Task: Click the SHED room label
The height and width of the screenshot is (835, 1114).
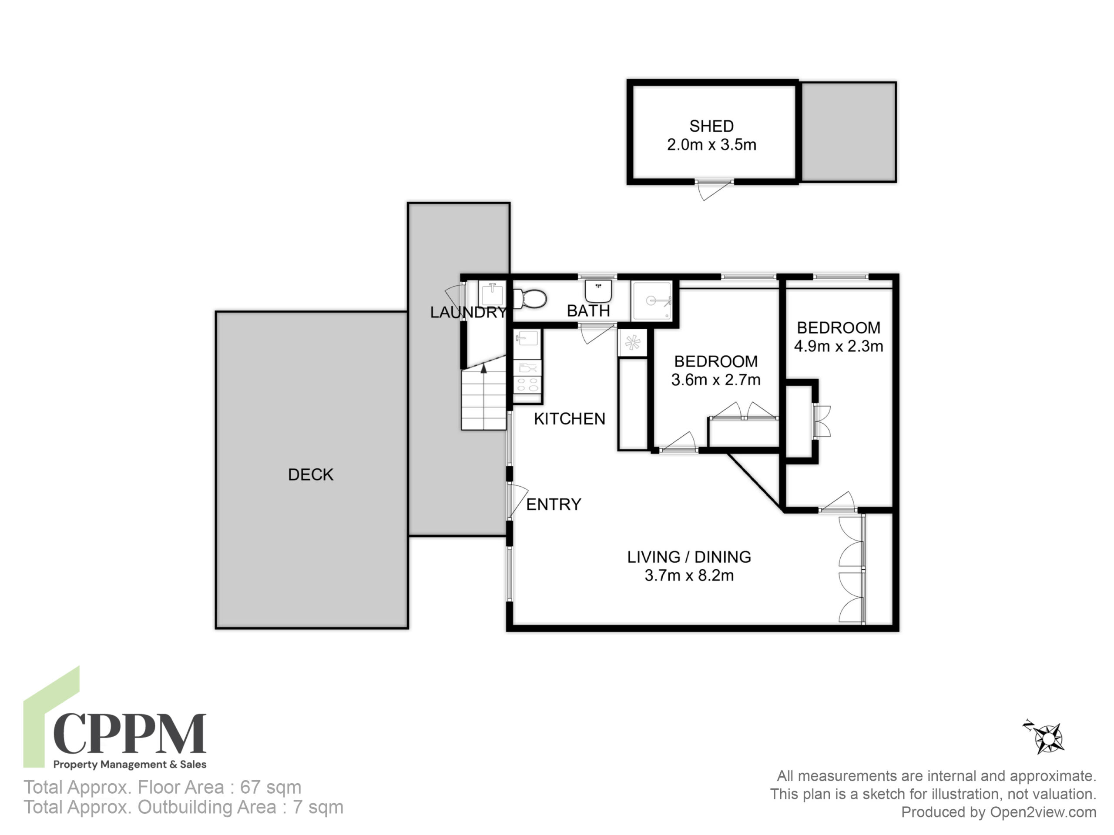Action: tap(711, 126)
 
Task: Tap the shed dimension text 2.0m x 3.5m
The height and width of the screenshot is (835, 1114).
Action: tap(711, 145)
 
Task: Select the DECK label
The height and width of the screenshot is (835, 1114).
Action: tap(310, 474)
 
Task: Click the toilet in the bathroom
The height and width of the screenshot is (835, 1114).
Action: tap(530, 299)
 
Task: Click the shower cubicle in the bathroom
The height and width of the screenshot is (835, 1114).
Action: tap(652, 301)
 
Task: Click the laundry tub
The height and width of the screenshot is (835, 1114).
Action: tap(492, 294)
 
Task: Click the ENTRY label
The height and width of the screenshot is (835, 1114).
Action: tap(554, 504)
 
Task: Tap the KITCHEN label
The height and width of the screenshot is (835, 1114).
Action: tap(570, 419)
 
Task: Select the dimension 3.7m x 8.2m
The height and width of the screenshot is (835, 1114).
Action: tap(689, 575)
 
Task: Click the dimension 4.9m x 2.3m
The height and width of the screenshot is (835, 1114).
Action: tap(839, 346)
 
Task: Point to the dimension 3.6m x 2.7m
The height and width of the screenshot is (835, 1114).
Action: tap(716, 380)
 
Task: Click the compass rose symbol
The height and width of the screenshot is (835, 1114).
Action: tap(1046, 738)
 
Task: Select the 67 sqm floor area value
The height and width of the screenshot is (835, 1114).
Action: tap(270, 787)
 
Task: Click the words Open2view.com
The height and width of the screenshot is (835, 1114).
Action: tap(1043, 812)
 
